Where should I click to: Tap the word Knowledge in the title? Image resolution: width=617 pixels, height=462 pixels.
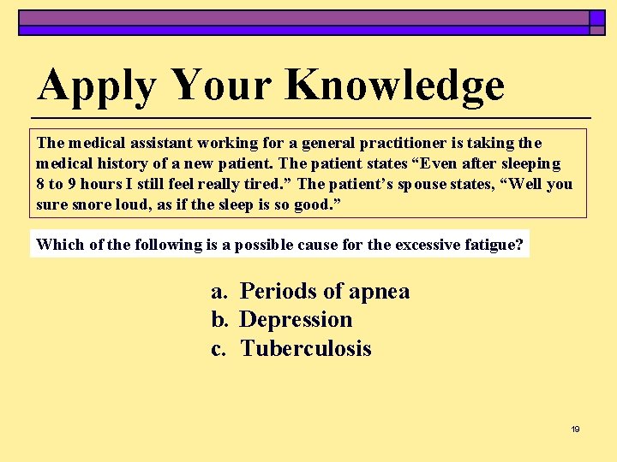click(x=395, y=86)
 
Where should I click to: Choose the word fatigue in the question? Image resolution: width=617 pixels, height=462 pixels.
click(x=494, y=244)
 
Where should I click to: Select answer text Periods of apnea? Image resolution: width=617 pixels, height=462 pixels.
click(x=325, y=292)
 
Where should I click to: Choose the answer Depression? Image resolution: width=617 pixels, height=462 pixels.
click(x=297, y=320)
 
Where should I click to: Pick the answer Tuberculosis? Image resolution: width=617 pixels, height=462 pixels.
click(x=306, y=348)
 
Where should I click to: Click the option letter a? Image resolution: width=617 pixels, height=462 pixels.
click(x=219, y=292)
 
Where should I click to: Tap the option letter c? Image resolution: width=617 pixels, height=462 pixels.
click(x=219, y=348)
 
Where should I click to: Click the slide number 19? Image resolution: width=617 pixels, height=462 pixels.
click(x=575, y=429)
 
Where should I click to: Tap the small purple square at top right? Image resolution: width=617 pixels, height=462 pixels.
click(x=597, y=17)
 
